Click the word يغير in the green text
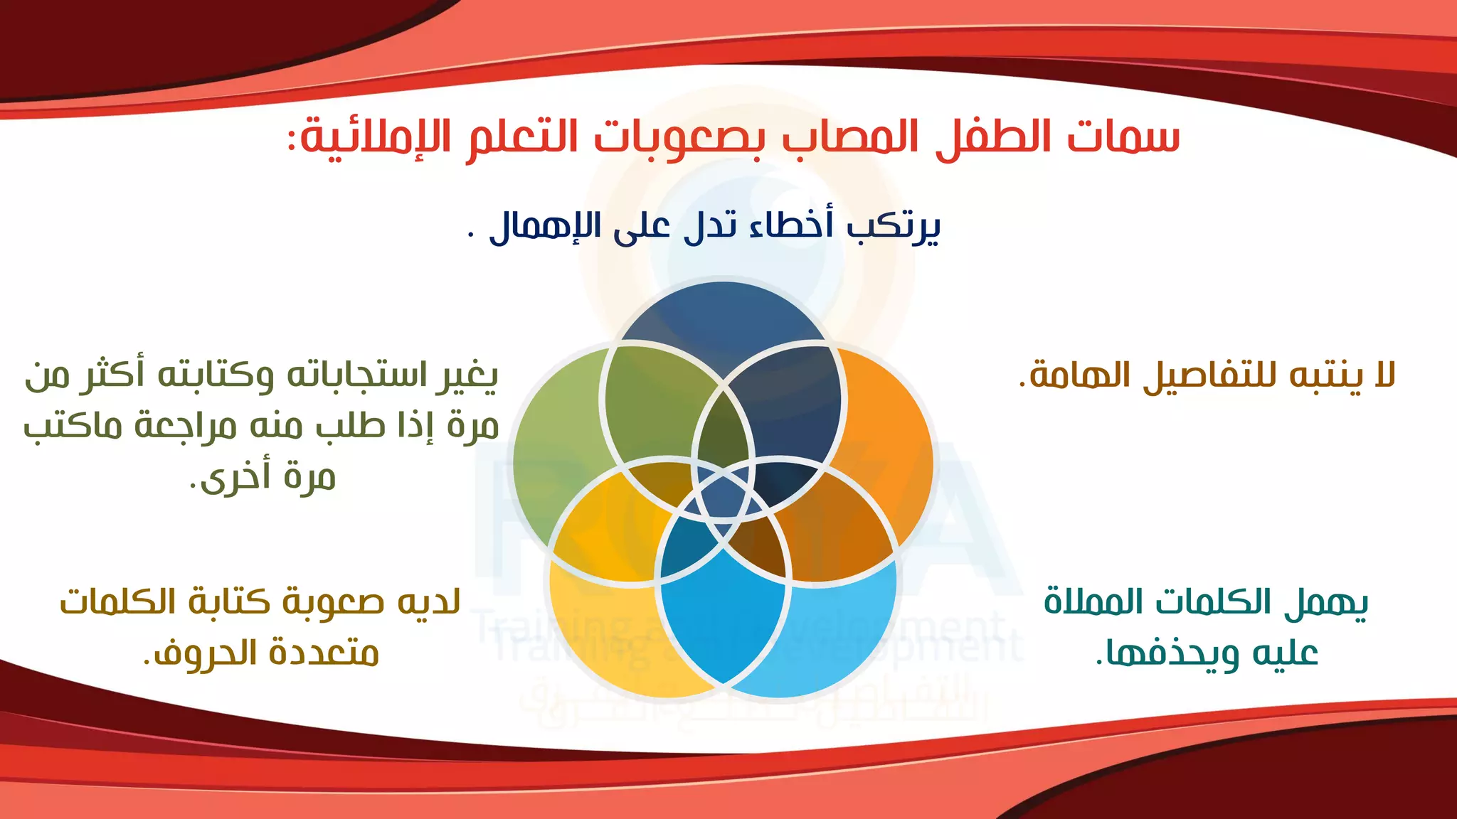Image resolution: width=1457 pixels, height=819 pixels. [467, 375]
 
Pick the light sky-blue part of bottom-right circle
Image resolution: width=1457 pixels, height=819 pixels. [839, 633]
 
